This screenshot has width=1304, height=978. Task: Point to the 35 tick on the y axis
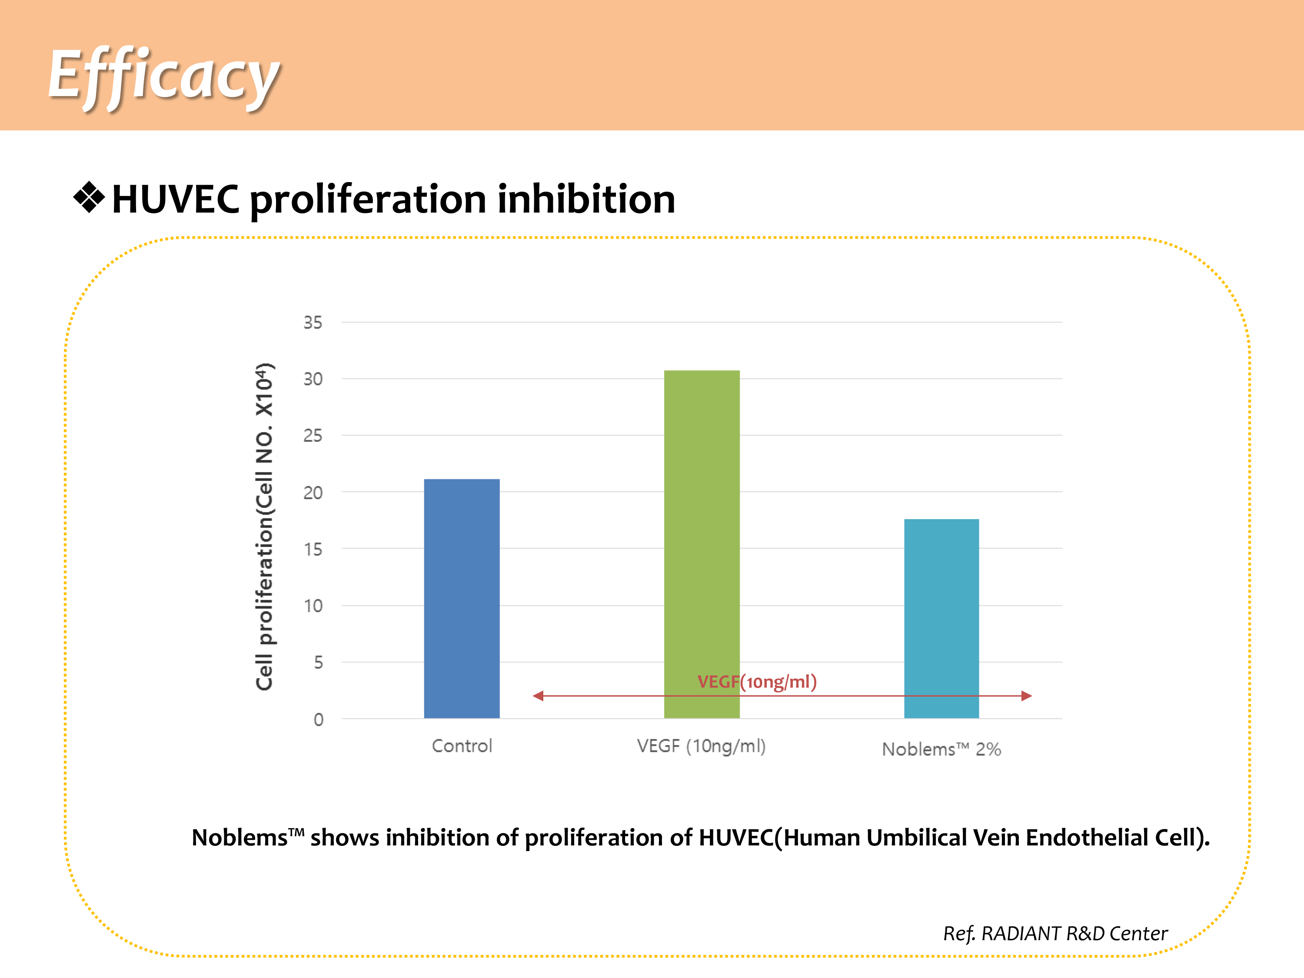point(313,323)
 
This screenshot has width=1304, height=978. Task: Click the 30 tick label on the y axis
point(313,379)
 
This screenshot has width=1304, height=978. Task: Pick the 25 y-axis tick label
point(313,436)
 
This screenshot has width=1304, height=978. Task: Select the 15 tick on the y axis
point(313,549)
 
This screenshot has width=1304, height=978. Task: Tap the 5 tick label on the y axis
point(318,662)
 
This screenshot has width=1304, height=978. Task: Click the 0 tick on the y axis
point(318,719)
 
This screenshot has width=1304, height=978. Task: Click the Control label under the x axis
point(462,746)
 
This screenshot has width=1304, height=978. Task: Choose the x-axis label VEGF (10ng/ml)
point(701,746)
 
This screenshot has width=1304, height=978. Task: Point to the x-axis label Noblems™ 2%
point(941,749)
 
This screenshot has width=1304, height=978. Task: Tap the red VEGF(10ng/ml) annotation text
point(757,682)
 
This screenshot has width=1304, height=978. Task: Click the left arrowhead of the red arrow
point(538,696)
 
